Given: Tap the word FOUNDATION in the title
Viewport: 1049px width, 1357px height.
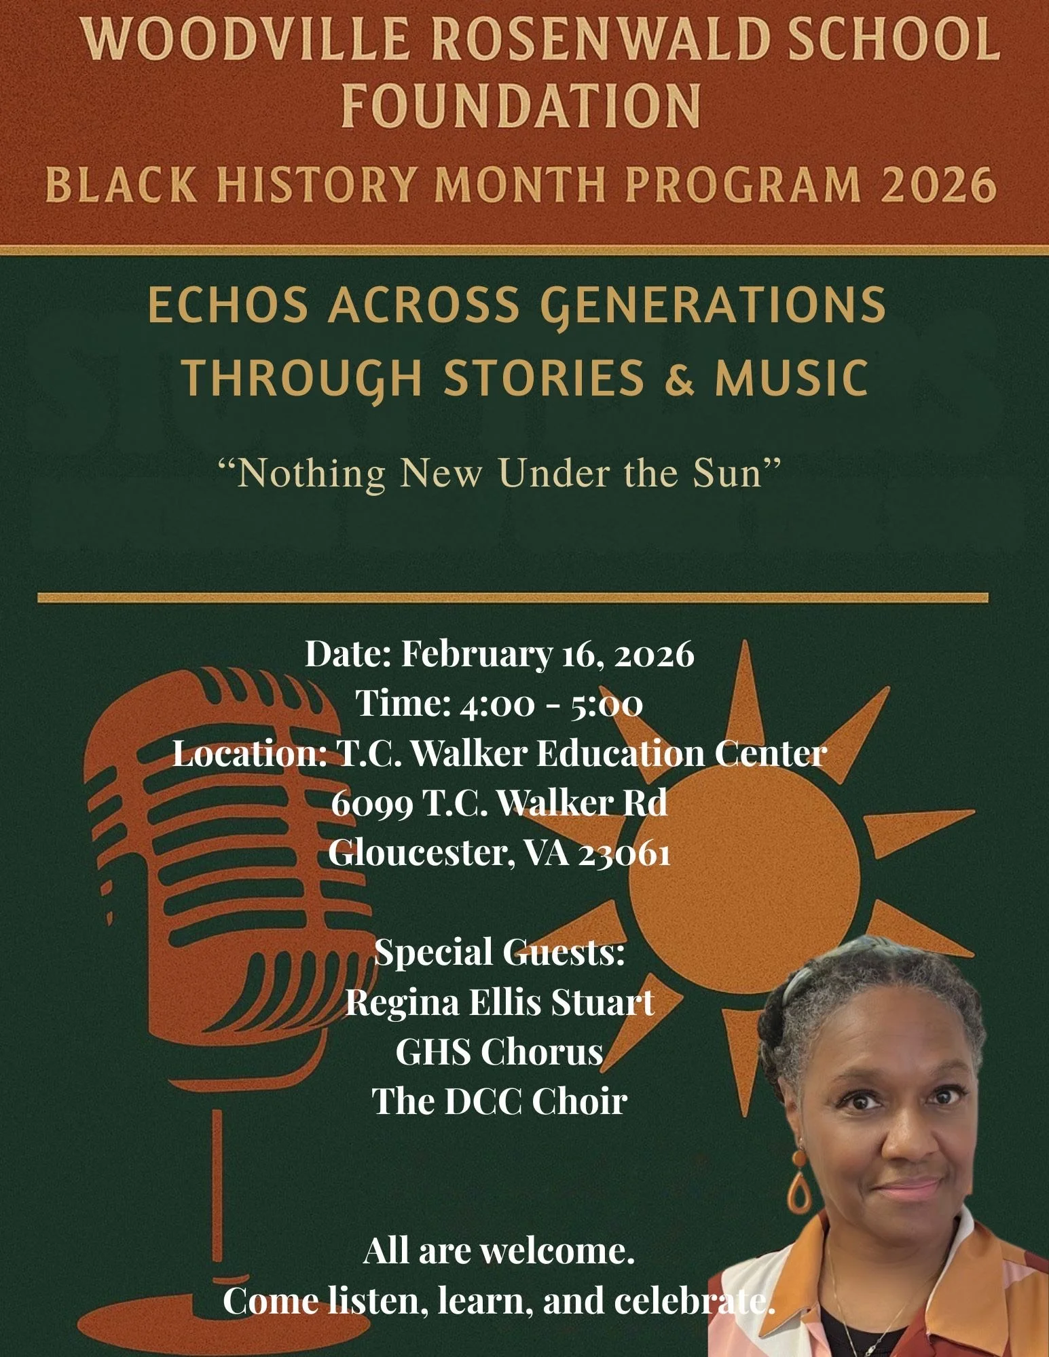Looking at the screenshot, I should pos(521,107).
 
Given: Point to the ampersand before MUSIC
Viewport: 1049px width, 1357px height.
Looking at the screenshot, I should pos(680,378).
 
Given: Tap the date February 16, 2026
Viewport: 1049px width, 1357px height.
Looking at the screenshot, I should pos(547,654).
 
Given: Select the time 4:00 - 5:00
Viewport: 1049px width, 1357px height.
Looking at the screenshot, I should pos(551,704).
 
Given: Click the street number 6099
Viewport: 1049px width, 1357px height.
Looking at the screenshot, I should pos(372,803).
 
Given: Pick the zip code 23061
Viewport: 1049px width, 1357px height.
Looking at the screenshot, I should pos(624,853).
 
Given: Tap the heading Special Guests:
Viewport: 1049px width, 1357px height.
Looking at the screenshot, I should pos(499,952).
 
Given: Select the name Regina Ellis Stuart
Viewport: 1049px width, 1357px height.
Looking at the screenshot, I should pos(500,1002).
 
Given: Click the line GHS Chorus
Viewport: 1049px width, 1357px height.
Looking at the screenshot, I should pos(500,1052).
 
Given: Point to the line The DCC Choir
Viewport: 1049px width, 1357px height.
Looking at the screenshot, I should pos(500,1101).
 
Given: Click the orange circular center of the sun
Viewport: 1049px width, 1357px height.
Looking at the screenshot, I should pos(743,875).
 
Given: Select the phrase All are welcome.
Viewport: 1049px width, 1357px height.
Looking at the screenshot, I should pos(499,1250).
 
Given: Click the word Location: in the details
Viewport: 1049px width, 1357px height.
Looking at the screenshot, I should pos(250,753).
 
